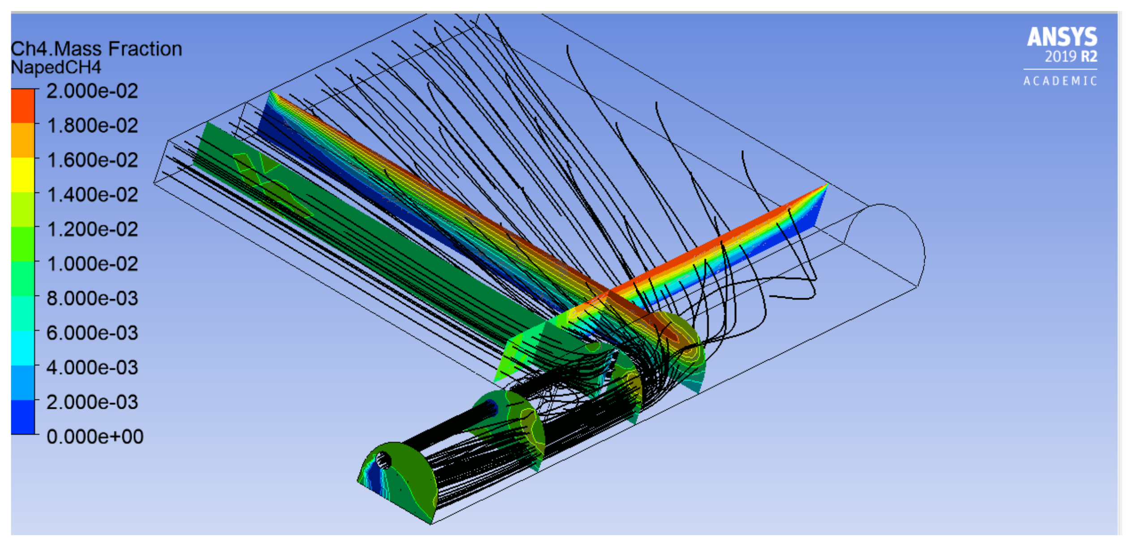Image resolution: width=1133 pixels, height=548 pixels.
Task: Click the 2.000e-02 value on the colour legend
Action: [92, 91]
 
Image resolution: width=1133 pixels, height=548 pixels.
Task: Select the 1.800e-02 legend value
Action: [92, 126]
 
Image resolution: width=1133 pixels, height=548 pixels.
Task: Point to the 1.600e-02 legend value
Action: [92, 160]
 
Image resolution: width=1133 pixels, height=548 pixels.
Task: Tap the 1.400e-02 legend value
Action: [92, 195]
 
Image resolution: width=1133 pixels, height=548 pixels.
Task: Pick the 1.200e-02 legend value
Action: [92, 230]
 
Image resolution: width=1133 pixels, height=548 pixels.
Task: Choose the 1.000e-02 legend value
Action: [92, 264]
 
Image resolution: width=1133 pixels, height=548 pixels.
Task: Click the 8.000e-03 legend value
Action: [92, 299]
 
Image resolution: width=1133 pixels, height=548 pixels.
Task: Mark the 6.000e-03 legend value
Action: [92, 333]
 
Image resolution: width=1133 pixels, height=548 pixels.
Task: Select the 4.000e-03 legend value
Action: [92, 368]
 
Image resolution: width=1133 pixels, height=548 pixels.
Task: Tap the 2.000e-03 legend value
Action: [92, 402]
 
